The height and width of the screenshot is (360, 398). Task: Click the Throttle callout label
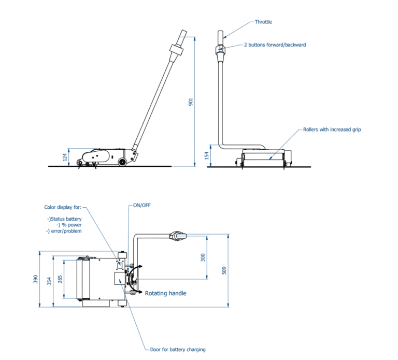click(263, 22)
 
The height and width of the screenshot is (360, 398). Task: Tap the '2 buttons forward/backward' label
click(275, 45)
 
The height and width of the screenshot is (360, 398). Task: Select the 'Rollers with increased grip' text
click(332, 129)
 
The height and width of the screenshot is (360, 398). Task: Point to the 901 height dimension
click(191, 102)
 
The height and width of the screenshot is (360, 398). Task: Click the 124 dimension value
click(65, 157)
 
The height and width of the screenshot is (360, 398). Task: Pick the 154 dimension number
click(207, 155)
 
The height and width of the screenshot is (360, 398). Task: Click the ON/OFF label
click(142, 205)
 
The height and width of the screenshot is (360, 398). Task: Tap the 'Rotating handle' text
click(165, 293)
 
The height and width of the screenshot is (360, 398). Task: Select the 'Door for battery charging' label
click(178, 350)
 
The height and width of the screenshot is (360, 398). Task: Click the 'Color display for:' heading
click(63, 207)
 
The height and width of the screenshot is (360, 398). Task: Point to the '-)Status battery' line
click(64, 219)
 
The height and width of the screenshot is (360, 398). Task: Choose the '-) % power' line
click(69, 225)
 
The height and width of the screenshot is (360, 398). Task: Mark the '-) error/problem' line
click(64, 231)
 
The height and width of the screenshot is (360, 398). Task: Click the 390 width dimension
click(36, 279)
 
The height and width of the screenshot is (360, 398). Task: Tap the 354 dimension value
click(49, 281)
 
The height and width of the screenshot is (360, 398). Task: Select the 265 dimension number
click(60, 279)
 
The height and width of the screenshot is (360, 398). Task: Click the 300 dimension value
click(203, 257)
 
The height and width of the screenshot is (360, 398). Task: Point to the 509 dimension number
click(224, 270)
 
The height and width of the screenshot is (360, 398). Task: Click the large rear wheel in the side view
click(122, 162)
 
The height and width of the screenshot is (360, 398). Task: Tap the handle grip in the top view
click(178, 236)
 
